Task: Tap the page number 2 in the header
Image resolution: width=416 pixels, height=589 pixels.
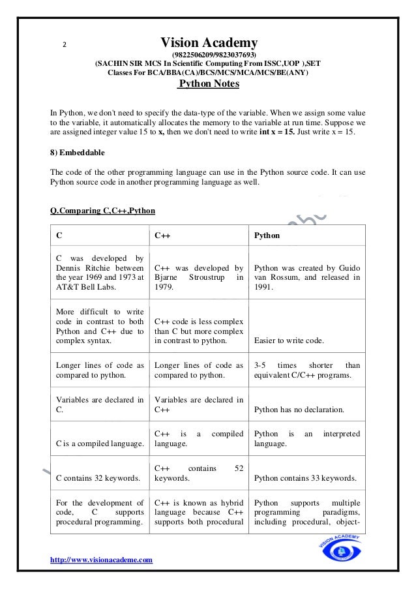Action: click(64, 45)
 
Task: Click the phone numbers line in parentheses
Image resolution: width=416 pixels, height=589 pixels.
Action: click(209, 55)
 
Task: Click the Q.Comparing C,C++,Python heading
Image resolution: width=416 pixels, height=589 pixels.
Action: click(102, 210)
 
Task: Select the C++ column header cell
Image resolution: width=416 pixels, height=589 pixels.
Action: click(199, 235)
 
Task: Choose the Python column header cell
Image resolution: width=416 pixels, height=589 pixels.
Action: click(306, 235)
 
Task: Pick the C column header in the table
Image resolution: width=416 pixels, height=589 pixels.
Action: click(99, 235)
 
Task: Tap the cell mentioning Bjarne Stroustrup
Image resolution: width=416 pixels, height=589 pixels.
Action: click(199, 277)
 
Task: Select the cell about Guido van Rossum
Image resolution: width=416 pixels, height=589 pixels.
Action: click(306, 277)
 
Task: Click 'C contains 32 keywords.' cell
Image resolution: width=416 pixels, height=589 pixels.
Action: click(98, 478)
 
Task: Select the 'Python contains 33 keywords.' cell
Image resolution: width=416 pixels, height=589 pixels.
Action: click(305, 478)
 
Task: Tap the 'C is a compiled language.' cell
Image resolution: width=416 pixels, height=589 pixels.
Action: click(99, 444)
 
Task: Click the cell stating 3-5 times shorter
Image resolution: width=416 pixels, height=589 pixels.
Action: click(306, 370)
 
